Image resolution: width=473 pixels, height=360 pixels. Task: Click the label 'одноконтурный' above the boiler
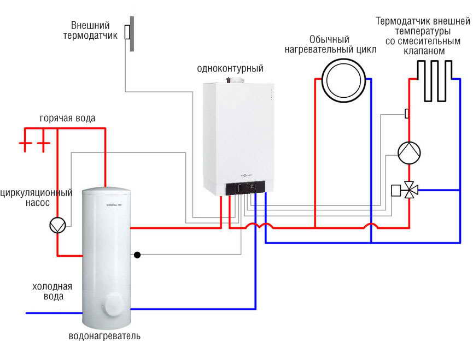coord(230,69)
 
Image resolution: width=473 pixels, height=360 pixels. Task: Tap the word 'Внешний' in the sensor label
coord(91,26)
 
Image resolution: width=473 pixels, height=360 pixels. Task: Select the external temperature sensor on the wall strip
coord(127,32)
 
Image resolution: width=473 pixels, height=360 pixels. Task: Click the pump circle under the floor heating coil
coord(408,153)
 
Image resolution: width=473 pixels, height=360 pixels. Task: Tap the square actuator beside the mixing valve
coord(396,191)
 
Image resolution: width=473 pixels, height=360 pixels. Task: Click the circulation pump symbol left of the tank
coord(57,225)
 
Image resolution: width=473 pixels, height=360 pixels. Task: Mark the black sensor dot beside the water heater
coord(137,255)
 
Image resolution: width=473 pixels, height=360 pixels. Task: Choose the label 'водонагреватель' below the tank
coord(104,336)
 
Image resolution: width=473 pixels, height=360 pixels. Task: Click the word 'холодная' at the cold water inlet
coord(52,286)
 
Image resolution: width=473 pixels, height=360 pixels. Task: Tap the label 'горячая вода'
coord(67,118)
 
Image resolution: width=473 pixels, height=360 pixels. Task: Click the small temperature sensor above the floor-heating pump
coord(407,113)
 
